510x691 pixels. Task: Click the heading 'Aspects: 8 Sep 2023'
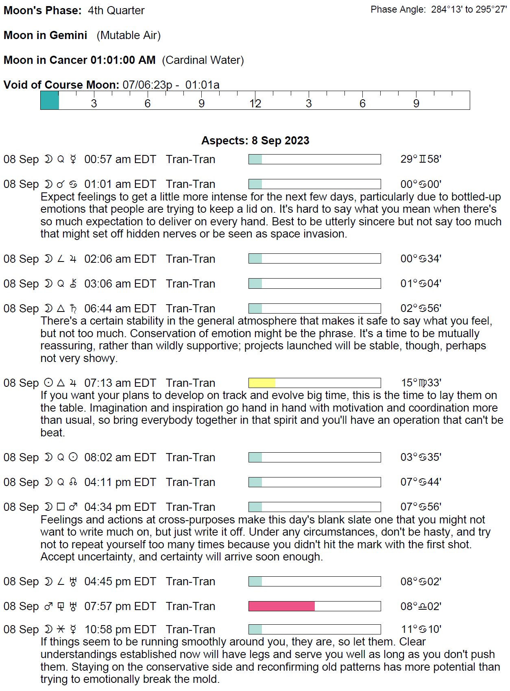click(x=255, y=141)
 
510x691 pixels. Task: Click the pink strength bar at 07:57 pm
click(x=281, y=606)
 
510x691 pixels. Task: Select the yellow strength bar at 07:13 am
click(x=262, y=383)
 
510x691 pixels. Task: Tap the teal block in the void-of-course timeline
click(x=50, y=100)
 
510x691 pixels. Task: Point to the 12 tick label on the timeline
click(x=255, y=104)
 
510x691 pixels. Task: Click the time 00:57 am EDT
click(x=120, y=159)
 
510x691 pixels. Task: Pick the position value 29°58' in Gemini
click(x=421, y=159)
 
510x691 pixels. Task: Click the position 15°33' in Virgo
click(x=421, y=383)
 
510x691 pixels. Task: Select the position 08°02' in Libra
click(x=421, y=606)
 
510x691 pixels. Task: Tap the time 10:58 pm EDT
click(x=120, y=630)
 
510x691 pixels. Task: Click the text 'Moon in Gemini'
click(x=46, y=35)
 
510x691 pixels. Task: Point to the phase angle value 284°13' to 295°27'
click(x=469, y=10)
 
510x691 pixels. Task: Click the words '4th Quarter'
click(x=116, y=11)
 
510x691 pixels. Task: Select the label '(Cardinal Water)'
click(x=203, y=60)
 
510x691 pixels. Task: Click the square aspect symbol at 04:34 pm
click(x=61, y=507)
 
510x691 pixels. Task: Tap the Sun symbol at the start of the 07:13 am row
click(x=48, y=383)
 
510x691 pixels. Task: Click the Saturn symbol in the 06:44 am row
click(x=73, y=309)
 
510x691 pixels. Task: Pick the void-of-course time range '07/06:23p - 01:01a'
click(x=171, y=85)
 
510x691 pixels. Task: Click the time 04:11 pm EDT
click(x=120, y=482)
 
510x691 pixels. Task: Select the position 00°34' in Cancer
click(x=421, y=259)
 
